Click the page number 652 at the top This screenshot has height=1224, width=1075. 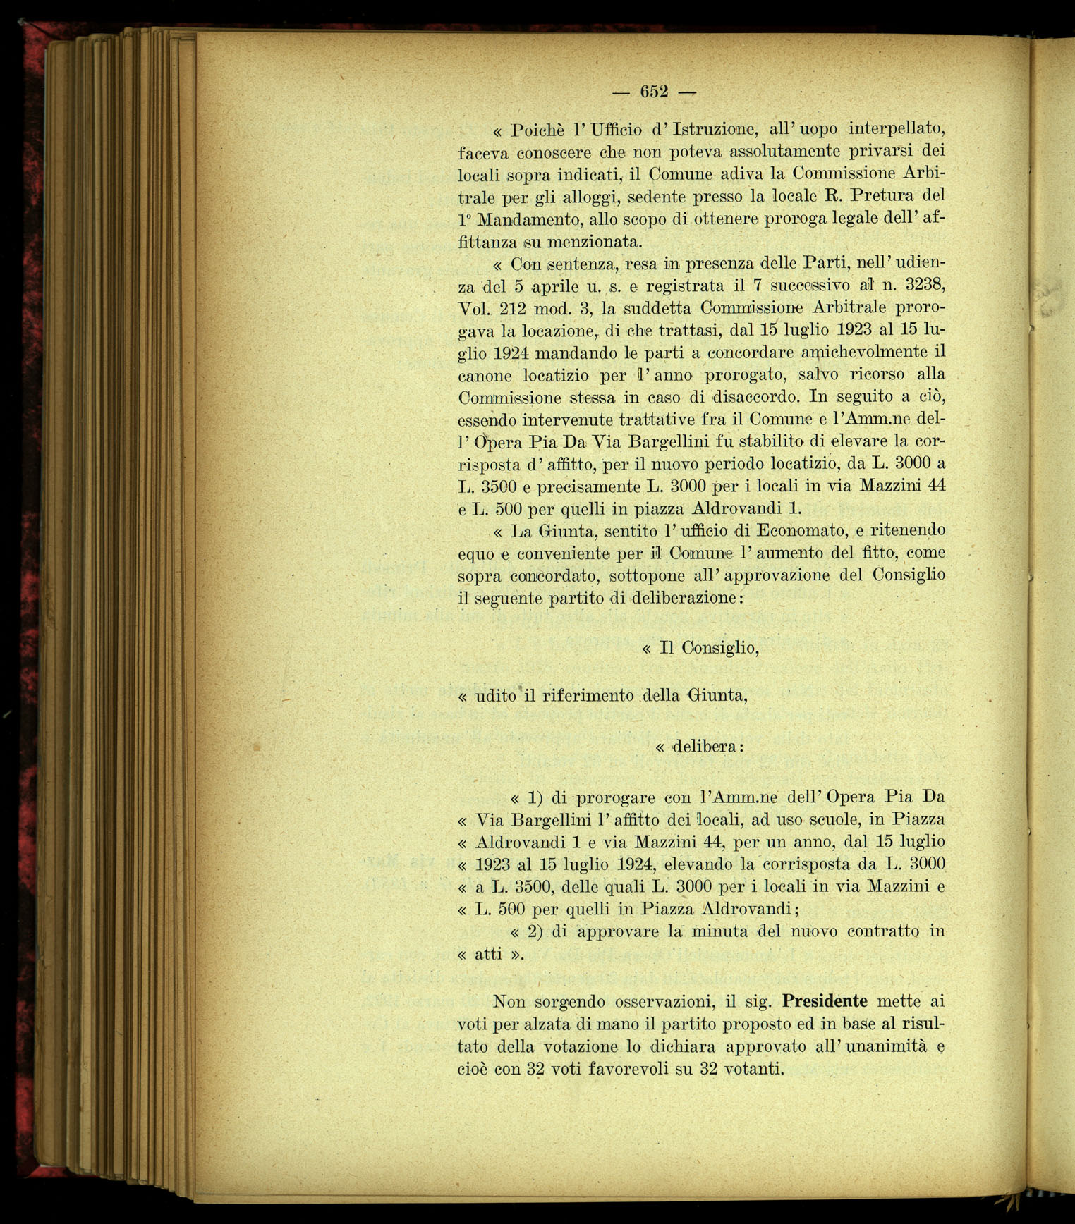tap(654, 92)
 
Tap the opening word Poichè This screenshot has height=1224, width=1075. tap(539, 130)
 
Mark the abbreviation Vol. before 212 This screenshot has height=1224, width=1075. tap(474, 310)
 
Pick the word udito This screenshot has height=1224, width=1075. tap(498, 696)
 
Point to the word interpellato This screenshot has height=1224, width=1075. tap(896, 129)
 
